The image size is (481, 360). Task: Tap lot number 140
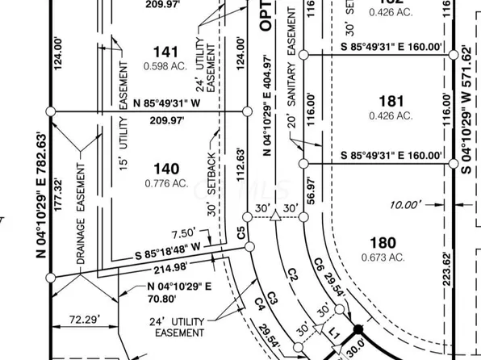[x=165, y=169]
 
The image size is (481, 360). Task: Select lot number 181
[x=390, y=100]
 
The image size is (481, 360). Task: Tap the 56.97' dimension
[x=308, y=192]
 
